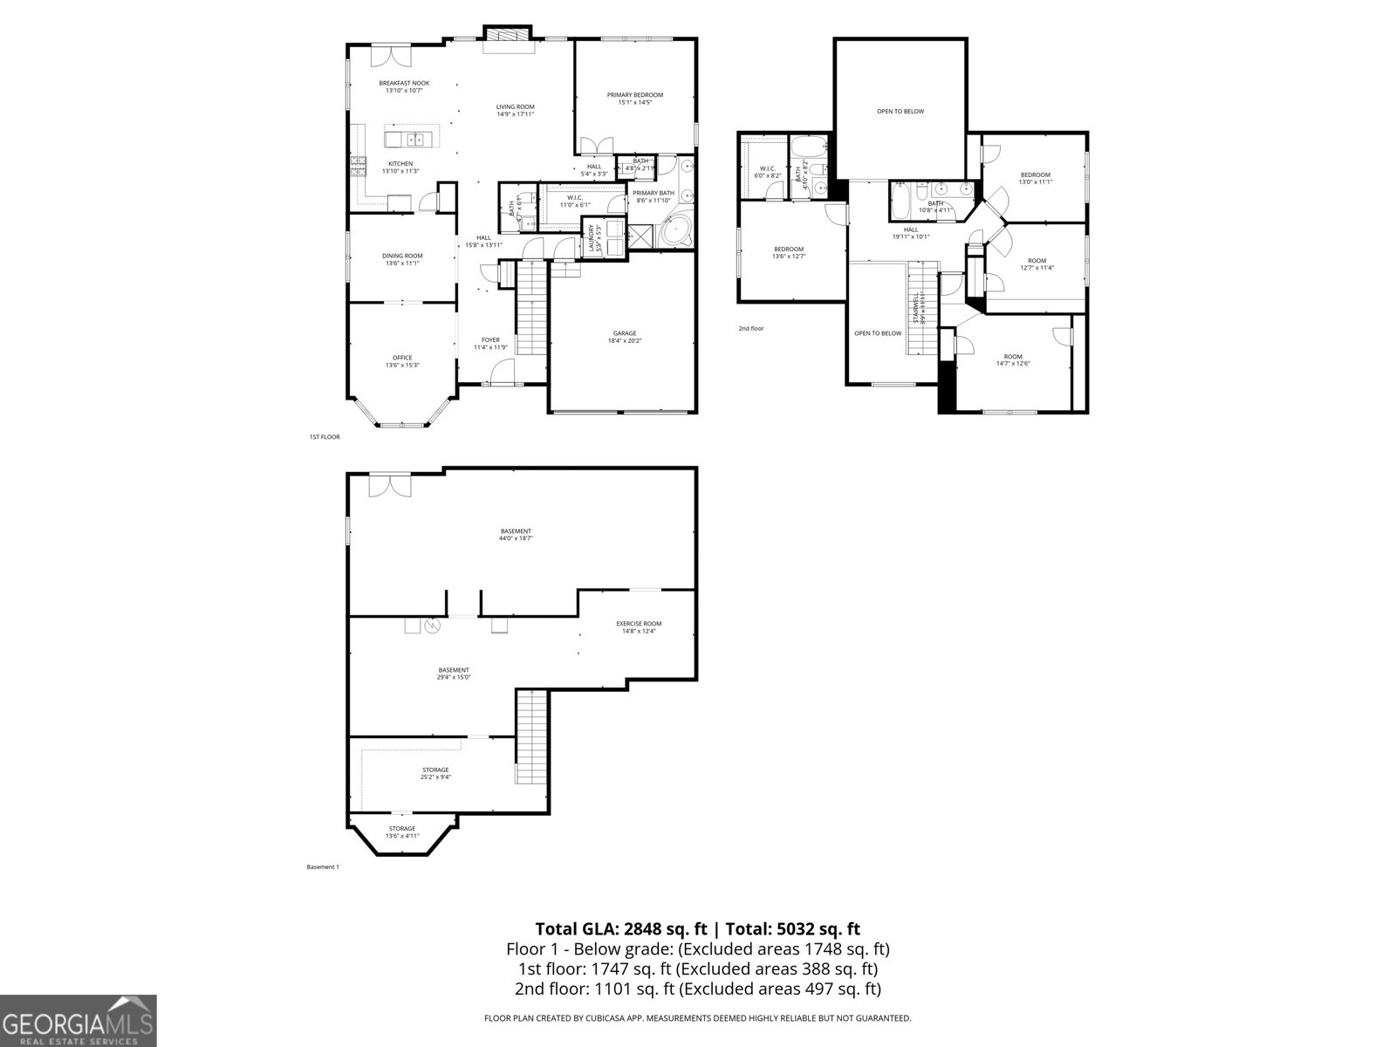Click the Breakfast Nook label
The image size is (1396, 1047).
pyautogui.click(x=404, y=84)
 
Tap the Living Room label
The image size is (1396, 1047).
pyautogui.click(x=515, y=107)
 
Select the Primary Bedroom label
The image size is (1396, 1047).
pyautogui.click(x=635, y=95)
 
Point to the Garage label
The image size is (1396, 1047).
pyautogui.click(x=624, y=333)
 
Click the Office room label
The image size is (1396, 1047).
pyautogui.click(x=402, y=358)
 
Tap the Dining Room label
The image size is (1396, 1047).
pyautogui.click(x=402, y=256)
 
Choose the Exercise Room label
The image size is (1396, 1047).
pyautogui.click(x=639, y=624)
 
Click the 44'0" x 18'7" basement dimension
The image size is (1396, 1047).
pyautogui.click(x=516, y=539)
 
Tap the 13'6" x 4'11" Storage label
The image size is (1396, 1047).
pyautogui.click(x=402, y=832)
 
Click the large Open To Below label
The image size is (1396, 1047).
pyautogui.click(x=900, y=112)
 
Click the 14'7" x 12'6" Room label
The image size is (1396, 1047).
pyautogui.click(x=1012, y=357)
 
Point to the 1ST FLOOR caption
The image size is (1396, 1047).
pyautogui.click(x=325, y=437)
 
